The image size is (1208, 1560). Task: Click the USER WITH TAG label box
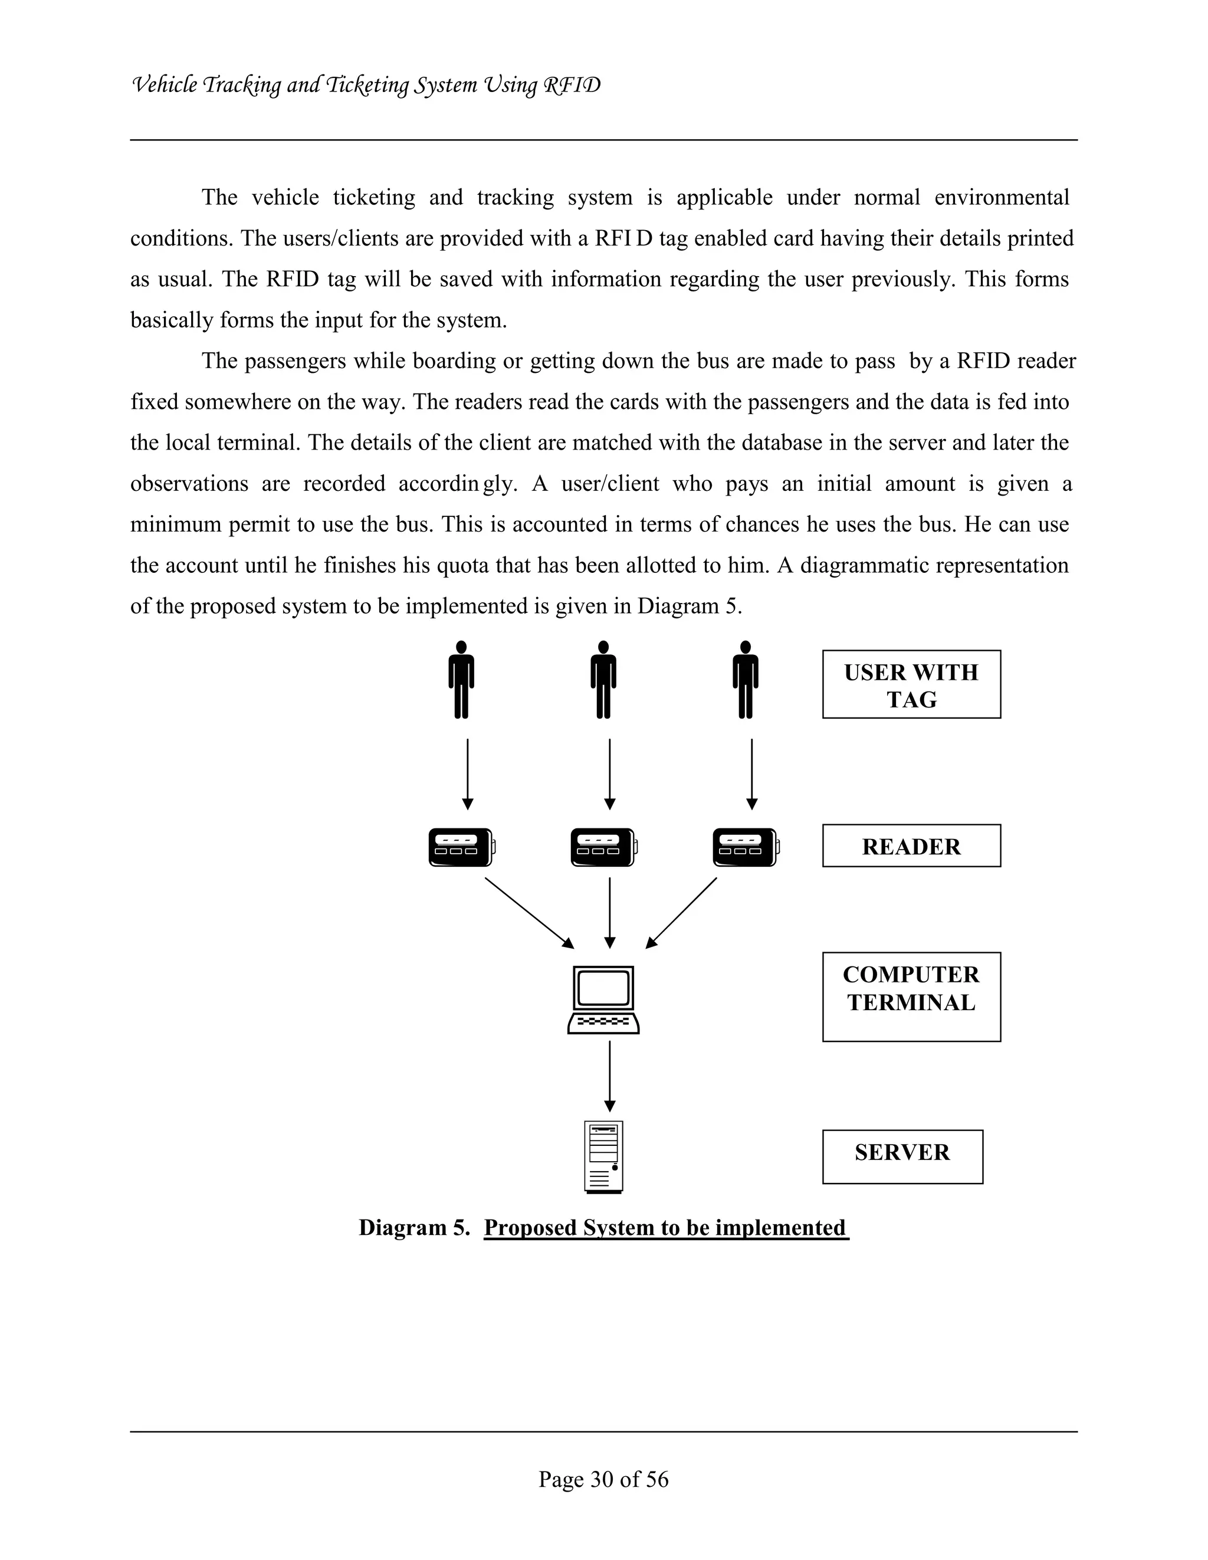click(911, 684)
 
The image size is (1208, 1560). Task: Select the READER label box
click(911, 845)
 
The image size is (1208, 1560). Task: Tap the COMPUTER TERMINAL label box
click(911, 997)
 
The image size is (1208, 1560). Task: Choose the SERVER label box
click(902, 1156)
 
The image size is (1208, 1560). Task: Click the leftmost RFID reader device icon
click(461, 847)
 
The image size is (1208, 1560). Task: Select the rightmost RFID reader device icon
click(746, 847)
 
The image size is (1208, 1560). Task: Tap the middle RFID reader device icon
click(603, 847)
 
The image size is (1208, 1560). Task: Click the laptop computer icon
click(603, 999)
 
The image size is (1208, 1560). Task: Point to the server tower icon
click(603, 1156)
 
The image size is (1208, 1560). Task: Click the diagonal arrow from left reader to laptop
click(528, 912)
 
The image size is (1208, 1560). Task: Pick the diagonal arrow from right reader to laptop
click(682, 912)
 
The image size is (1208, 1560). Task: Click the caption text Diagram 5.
click(414, 1228)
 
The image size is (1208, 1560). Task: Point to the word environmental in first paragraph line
click(1001, 197)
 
